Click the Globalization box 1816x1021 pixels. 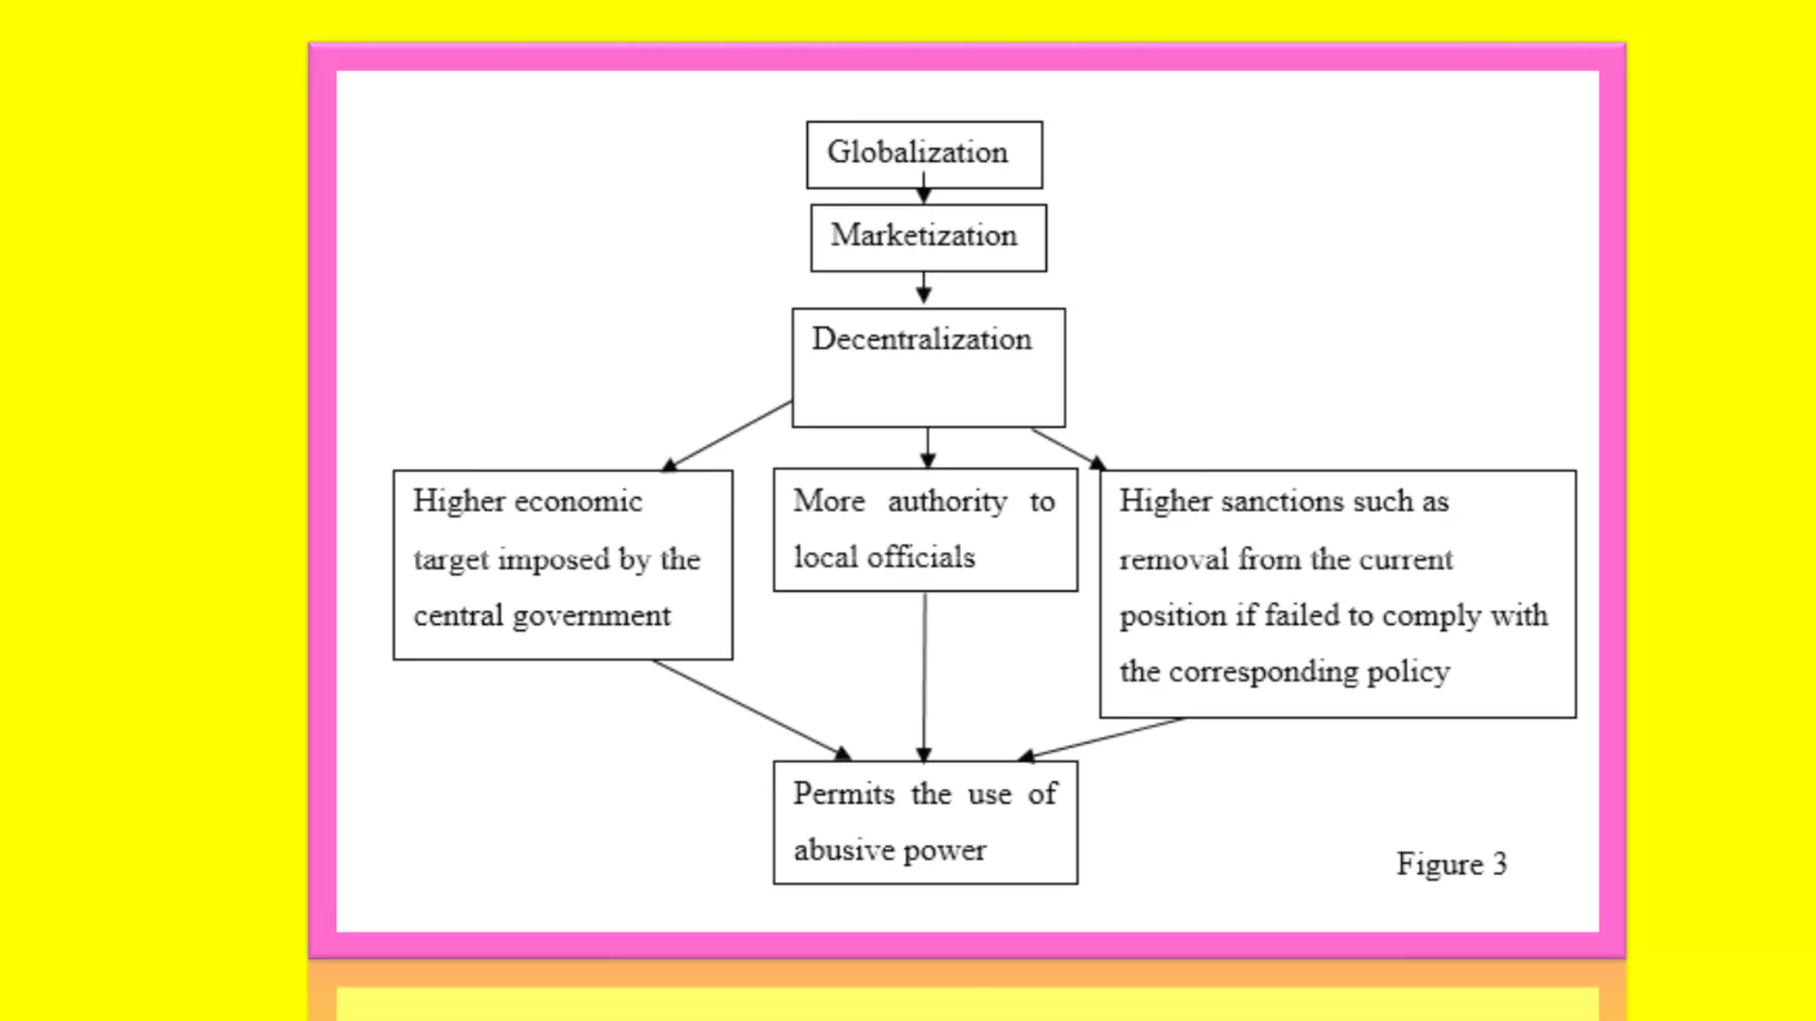point(924,154)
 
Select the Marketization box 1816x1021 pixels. point(928,238)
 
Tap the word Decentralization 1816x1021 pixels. point(921,339)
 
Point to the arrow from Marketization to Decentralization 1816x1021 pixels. point(924,289)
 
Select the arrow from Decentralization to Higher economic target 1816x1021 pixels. point(727,435)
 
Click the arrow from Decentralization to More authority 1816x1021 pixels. point(928,448)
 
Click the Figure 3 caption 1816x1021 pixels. point(1451,864)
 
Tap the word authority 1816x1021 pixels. point(947,503)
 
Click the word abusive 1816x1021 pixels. point(843,850)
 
